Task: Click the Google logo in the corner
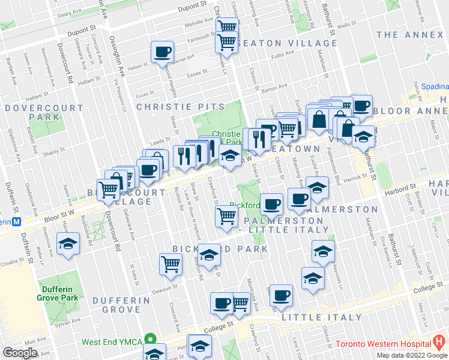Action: [x=20, y=353]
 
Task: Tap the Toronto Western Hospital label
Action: [x=382, y=344]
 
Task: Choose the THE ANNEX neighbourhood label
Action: [x=411, y=35]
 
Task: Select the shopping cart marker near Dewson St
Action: [x=171, y=264]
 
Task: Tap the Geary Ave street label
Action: [x=68, y=11]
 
